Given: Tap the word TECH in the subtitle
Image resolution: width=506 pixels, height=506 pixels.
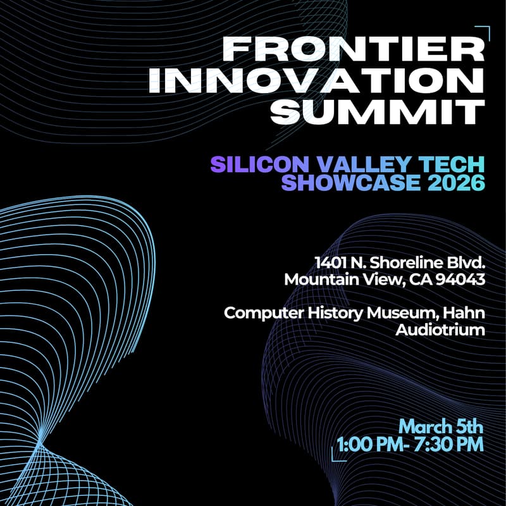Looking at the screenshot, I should pyautogui.click(x=450, y=164).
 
